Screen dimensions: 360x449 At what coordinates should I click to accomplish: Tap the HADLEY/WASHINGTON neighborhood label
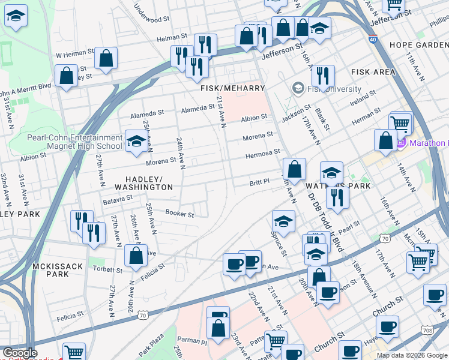coord(149,183)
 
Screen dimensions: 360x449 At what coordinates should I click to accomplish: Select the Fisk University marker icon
coord(297,88)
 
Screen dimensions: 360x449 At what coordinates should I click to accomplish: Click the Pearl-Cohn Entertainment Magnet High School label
coord(74,142)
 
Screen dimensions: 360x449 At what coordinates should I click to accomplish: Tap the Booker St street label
coord(179,214)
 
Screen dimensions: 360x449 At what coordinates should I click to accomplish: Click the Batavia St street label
coord(117,199)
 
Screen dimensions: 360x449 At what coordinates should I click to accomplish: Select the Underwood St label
coord(151,15)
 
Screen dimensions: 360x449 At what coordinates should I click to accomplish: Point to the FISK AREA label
coord(373,72)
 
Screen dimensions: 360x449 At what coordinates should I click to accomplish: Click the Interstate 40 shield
coord(373,40)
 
